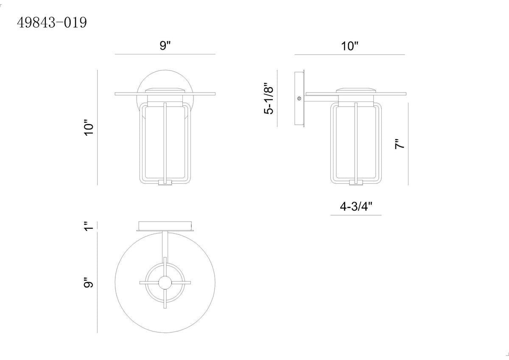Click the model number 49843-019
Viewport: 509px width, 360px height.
point(52,22)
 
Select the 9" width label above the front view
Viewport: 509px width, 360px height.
point(165,45)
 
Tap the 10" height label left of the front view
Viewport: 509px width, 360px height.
point(89,128)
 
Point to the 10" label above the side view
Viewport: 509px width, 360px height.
point(350,46)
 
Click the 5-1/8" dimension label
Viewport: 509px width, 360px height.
point(268,98)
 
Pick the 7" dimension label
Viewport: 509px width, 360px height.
point(400,144)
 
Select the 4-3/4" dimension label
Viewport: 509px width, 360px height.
point(356,206)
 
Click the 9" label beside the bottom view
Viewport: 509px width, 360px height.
point(89,283)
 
